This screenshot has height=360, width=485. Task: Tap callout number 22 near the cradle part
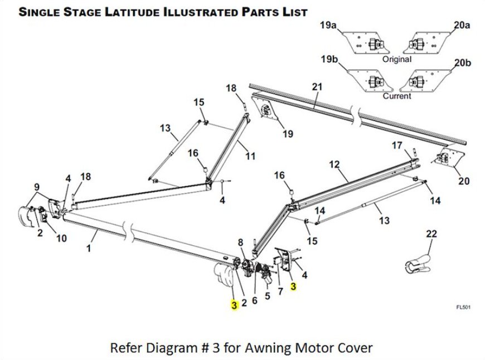pos(431,234)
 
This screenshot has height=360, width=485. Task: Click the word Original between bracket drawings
pos(397,59)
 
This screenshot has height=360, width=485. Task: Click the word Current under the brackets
pos(397,96)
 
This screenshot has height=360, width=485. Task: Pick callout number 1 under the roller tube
pos(89,249)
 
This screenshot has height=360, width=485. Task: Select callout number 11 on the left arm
pos(250,157)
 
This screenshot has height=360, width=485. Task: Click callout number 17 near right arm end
pos(396,146)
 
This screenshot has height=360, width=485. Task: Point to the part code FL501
pos(462,307)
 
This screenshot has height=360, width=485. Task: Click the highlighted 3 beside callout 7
pos(293,287)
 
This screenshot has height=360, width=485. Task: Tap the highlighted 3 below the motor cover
pos(235,305)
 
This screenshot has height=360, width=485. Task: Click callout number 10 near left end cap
pos(61,239)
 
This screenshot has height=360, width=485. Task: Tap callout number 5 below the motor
pos(267,296)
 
